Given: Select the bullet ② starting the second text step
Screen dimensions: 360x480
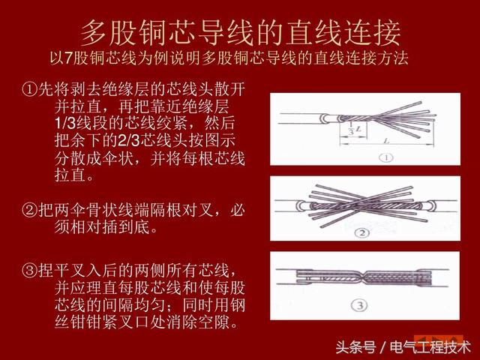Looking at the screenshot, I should [29, 211].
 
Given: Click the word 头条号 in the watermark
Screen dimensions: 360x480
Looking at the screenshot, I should [355, 346].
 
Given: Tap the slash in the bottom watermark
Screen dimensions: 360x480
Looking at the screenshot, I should [382, 346].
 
